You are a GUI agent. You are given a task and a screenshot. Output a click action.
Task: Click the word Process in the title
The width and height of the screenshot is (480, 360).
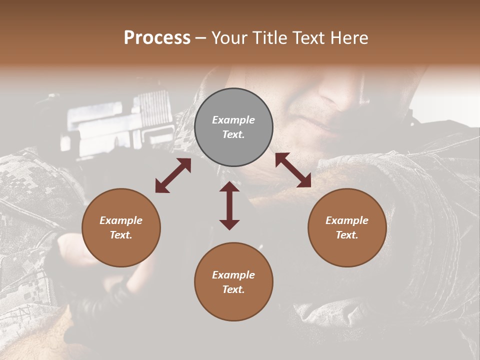click(157, 38)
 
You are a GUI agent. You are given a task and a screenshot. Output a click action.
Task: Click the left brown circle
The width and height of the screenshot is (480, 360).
click(121, 227)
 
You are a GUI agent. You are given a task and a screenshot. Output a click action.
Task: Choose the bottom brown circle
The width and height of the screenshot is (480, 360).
click(233, 281)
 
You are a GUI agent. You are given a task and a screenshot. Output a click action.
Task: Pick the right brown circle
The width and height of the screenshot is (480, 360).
click(347, 227)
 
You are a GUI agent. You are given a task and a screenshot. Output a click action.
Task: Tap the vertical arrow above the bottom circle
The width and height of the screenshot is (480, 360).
click(229, 205)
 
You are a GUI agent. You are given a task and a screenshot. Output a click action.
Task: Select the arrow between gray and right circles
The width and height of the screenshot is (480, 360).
click(293, 170)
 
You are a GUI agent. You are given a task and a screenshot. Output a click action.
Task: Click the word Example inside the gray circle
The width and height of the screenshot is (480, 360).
click(233, 120)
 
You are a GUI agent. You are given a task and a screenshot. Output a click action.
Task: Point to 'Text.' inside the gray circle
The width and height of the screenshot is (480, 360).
click(233, 134)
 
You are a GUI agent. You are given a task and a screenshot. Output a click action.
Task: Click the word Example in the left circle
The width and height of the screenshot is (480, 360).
click(121, 220)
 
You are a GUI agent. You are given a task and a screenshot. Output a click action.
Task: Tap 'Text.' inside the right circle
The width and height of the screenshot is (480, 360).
click(347, 235)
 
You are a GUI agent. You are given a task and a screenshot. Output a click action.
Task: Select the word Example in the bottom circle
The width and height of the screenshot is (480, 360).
click(233, 275)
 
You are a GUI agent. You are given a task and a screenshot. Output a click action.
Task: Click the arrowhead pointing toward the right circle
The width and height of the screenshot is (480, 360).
click(304, 181)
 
